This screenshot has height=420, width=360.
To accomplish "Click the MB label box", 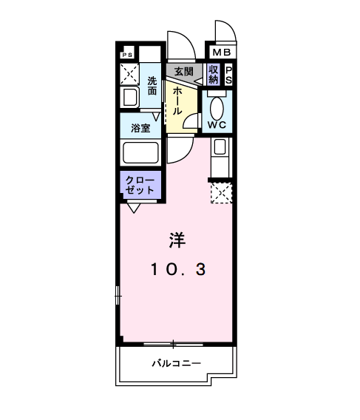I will click(221, 52).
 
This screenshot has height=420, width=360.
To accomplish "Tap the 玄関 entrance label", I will click(183, 72).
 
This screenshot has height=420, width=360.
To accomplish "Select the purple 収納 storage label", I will click(214, 74).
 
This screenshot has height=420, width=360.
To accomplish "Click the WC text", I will click(217, 124).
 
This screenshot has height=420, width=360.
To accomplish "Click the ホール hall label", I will click(177, 101).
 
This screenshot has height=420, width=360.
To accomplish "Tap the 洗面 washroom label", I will click(152, 87).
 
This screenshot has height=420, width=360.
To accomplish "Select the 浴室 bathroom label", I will click(140, 127).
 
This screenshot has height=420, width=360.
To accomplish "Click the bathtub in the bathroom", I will click(141, 153).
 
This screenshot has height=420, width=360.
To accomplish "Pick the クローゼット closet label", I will click(139, 185).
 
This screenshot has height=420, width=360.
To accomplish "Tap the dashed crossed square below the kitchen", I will click(221, 193).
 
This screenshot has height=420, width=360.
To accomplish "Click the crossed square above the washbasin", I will click(130, 74).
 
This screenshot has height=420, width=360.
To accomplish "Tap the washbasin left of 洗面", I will click(129, 98).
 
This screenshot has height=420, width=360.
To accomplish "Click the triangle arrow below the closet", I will click(134, 207).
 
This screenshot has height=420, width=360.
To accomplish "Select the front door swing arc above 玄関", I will click(180, 47).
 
